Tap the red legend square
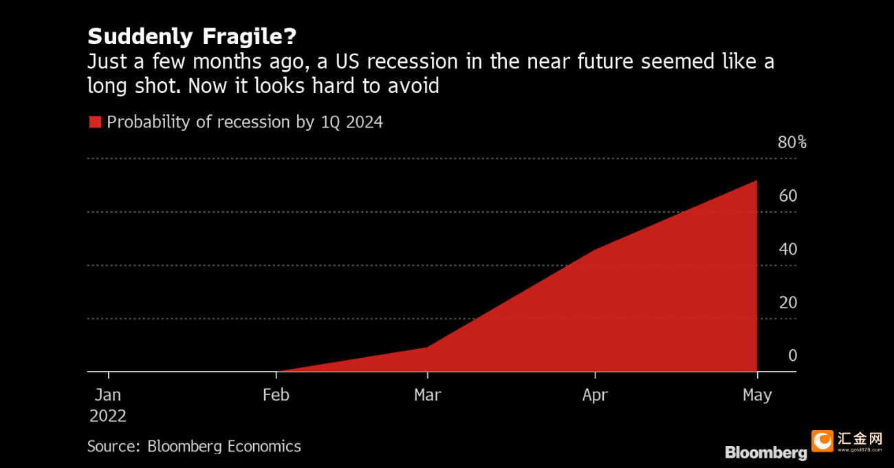tap(95, 123)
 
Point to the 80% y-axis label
tap(792, 142)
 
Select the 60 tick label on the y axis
tap(787, 196)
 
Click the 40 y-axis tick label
tap(787, 249)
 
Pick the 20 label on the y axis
tap(787, 303)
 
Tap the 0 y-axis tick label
tap(792, 356)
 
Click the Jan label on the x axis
tap(108, 395)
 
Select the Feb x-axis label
tap(276, 395)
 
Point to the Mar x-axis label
tap(427, 395)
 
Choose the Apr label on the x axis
tap(595, 395)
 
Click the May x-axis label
tap(757, 395)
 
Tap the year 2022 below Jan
tap(108, 416)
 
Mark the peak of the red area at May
tap(756, 181)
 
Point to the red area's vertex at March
tap(427, 347)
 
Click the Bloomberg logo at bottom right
tap(765, 453)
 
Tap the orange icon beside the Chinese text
tap(822, 441)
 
